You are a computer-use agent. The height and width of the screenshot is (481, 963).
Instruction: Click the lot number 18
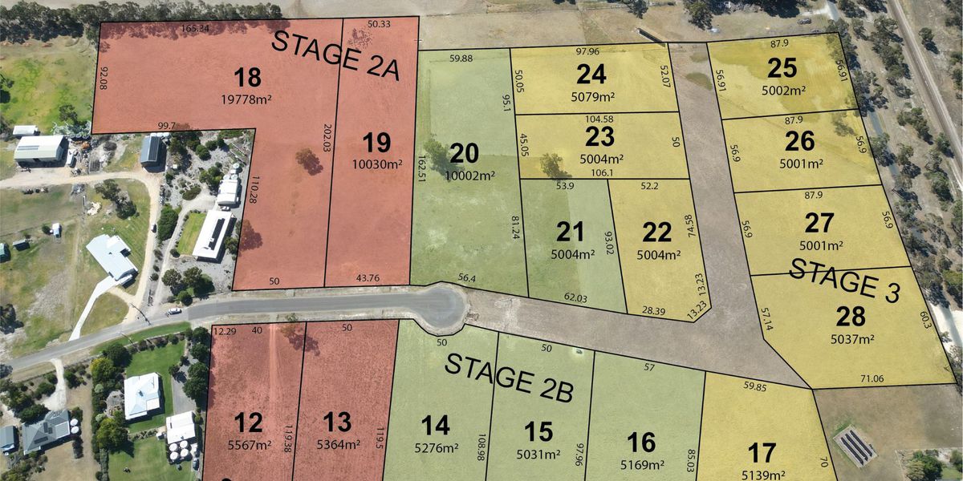click(247, 78)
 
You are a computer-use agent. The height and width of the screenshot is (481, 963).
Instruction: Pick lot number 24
click(591, 75)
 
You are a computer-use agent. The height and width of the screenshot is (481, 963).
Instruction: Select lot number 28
click(852, 317)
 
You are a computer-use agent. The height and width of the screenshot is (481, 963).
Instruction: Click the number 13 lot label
click(338, 422)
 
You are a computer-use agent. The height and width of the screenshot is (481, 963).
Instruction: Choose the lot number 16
click(642, 443)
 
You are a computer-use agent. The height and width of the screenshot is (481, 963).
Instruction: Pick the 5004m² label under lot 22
click(658, 255)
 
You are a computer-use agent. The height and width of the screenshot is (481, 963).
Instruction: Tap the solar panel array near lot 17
click(855, 446)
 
